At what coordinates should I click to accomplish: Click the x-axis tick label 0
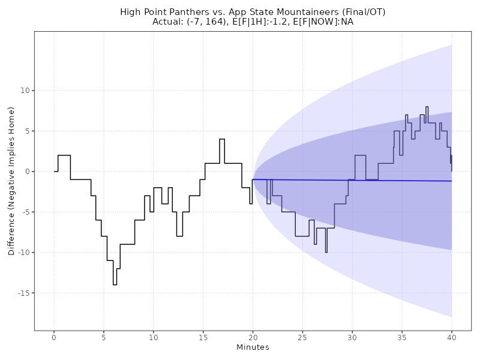coord(54,338)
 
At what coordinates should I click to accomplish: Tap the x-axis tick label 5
coord(104,338)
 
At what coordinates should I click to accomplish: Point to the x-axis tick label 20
coord(253,338)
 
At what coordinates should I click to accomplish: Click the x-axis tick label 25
coord(302,338)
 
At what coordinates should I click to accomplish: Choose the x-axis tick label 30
coord(352,338)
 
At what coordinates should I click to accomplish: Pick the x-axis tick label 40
coord(451,338)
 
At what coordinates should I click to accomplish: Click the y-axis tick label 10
coord(25,91)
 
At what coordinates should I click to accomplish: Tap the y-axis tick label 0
coord(27,172)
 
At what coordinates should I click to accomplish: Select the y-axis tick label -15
coord(23,293)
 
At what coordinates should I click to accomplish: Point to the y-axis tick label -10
coord(23,253)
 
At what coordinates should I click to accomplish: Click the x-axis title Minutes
coord(253,348)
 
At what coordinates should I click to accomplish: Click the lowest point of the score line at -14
coord(115,284)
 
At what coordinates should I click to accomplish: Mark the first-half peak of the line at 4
coord(222,139)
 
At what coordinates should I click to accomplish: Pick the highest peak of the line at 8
coord(427,107)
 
